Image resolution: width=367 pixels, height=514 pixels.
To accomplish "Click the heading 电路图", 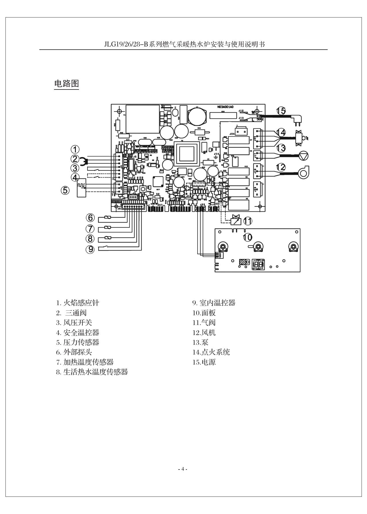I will tap(66, 84).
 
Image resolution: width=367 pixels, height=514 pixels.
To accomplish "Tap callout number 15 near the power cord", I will tap(281, 111).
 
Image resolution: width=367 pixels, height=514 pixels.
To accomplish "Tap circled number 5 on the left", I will tap(65, 190).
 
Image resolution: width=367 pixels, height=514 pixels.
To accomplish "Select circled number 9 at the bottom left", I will tap(90, 249).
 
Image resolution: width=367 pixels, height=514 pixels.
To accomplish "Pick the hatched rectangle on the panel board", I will tap(244, 262).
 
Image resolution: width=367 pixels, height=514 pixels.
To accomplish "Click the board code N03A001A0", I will tap(225, 107).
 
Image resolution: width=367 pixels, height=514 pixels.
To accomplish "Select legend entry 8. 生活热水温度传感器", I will tap(92, 372).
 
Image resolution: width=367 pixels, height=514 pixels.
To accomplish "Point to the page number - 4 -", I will tap(183, 470).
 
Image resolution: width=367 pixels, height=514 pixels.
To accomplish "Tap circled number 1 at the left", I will tap(75, 149).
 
